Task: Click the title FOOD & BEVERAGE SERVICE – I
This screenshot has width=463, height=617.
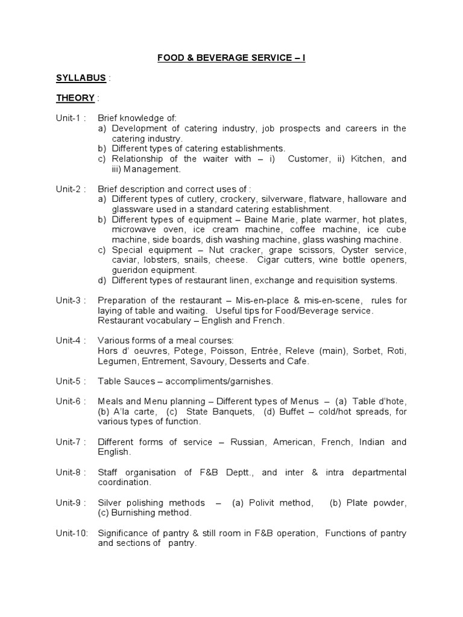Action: pyautogui.click(x=232, y=58)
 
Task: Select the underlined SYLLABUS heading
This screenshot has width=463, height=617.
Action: pyautogui.click(x=81, y=78)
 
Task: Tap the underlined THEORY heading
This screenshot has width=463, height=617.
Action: pyautogui.click(x=75, y=98)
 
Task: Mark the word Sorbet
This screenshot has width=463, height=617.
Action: pyautogui.click(x=364, y=351)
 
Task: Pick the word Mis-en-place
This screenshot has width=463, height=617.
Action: pyautogui.click(x=233, y=300)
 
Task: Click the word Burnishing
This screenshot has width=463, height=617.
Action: pyautogui.click(x=134, y=513)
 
